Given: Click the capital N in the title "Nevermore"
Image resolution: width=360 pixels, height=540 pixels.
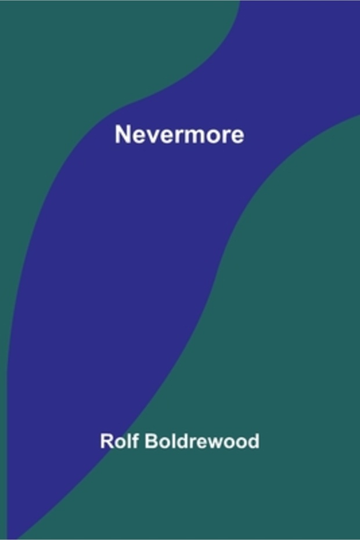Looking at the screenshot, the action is (x=123, y=134).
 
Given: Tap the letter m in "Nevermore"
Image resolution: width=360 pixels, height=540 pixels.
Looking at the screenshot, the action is (x=193, y=136).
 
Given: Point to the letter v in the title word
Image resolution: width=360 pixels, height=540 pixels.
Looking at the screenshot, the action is (x=151, y=136).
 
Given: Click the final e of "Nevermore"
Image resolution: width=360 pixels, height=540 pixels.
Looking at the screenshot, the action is (x=237, y=136).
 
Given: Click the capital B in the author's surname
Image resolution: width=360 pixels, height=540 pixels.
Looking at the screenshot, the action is (x=151, y=441).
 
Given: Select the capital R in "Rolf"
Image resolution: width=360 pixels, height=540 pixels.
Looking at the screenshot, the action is (x=107, y=441).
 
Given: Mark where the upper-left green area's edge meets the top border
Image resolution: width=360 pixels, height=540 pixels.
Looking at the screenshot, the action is (x=240, y=1).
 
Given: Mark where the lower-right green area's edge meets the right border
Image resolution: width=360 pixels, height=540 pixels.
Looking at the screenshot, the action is (x=359, y=116).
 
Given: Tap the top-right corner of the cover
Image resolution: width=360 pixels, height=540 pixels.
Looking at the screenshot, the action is (x=359, y=1).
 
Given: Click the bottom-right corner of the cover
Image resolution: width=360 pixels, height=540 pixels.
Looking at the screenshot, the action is (x=359, y=539).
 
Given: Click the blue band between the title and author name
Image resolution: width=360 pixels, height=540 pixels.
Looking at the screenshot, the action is (x=131, y=275).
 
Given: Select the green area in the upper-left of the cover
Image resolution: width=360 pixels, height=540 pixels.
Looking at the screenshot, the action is (x=69, y=69).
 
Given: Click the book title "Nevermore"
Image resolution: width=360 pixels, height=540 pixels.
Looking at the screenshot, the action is (x=179, y=134).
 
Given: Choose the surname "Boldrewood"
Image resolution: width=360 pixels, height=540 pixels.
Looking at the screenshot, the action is (x=202, y=441).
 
